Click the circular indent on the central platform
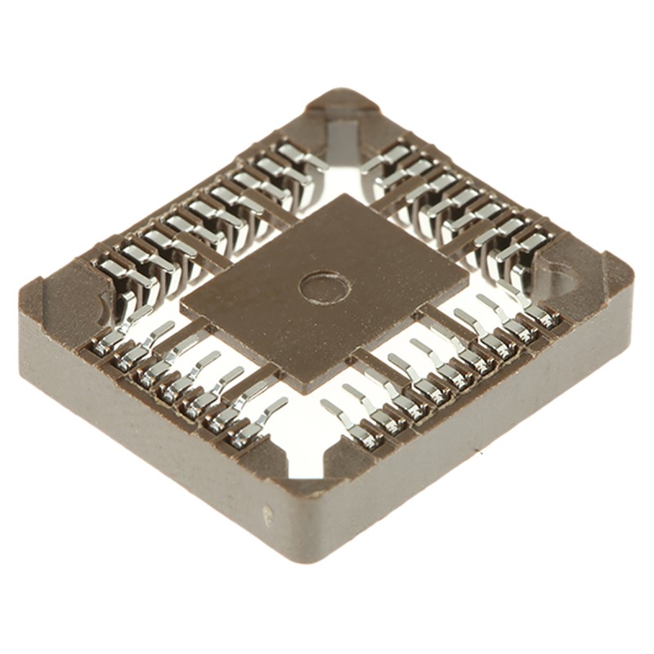coord(325,286)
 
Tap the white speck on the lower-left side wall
coord(266,513)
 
